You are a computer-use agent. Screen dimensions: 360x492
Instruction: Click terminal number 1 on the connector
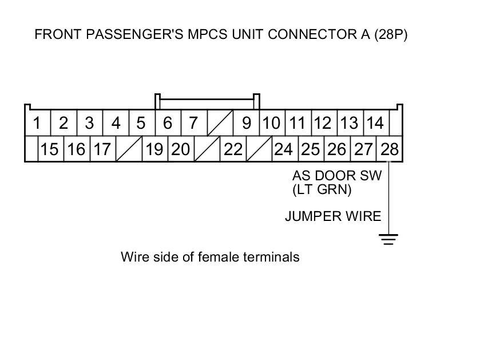pos(37,123)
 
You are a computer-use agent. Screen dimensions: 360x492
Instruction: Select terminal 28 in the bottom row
pos(389,149)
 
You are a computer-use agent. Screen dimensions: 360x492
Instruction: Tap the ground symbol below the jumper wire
pos(389,239)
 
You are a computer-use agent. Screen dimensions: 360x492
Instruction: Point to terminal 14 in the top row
pos(375,123)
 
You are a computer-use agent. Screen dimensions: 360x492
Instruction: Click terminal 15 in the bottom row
pos(50,149)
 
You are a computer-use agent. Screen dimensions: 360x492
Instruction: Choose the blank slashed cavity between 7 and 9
pos(220,123)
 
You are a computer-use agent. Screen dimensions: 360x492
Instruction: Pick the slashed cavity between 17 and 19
pos(128,149)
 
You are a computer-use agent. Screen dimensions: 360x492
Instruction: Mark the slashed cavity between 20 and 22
pos(207,149)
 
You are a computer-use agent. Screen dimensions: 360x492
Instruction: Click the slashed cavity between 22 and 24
pos(259,149)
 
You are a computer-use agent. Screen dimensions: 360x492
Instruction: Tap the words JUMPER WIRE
pos(333,216)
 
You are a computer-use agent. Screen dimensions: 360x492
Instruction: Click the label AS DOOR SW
pos(336,176)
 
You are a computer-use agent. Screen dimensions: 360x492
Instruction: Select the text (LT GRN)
pos(322,189)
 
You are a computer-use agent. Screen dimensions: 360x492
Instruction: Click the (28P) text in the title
pos(391,34)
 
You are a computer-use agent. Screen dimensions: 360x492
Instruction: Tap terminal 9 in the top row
pos(247,123)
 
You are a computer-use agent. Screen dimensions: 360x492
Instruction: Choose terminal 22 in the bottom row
pos(233,149)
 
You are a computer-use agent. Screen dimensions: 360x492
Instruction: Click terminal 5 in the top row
pos(141,123)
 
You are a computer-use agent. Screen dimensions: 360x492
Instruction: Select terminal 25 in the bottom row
pos(311,149)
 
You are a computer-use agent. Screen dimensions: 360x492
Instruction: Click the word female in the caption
pos(219,257)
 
